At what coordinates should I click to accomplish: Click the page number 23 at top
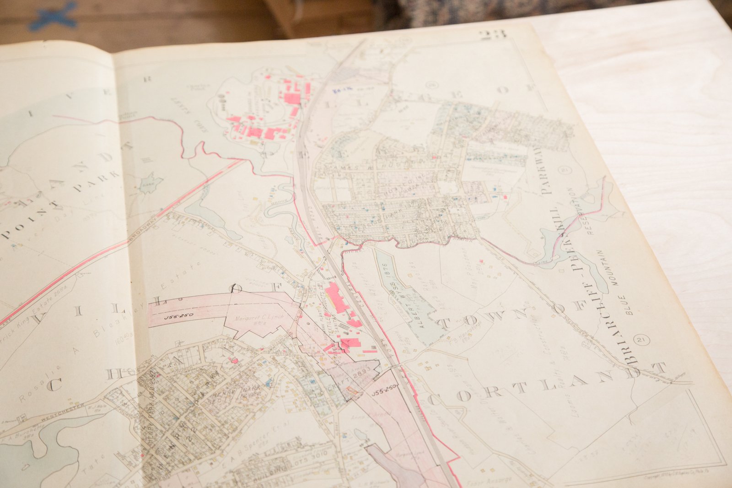[x=492, y=35]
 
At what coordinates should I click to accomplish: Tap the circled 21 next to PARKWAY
[x=564, y=170]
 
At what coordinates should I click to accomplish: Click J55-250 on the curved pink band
[x=178, y=316]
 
